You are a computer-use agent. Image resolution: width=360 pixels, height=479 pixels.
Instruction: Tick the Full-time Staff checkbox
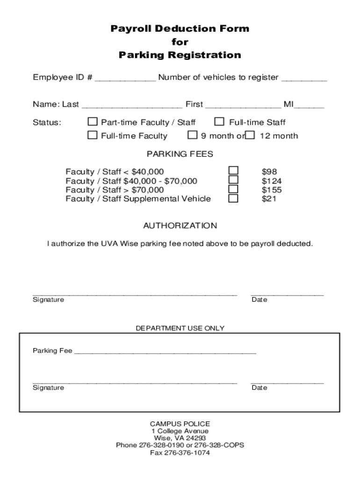pos(219,122)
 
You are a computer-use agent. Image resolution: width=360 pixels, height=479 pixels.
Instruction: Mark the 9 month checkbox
pos(192,136)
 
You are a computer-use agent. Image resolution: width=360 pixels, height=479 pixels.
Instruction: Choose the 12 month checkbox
pos(251,136)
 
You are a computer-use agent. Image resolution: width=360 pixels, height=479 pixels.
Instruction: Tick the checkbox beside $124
pos(233,180)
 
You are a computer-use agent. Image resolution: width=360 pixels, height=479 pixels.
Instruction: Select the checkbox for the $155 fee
pos(233,189)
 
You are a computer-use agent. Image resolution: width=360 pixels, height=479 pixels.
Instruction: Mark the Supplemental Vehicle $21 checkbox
pos(233,198)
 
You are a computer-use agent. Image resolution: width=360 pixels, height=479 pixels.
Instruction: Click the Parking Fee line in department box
pos(165,351)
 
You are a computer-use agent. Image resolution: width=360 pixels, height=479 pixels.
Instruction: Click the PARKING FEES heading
pos(180,154)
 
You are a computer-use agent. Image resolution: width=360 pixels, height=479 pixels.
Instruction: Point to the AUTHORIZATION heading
pos(180,226)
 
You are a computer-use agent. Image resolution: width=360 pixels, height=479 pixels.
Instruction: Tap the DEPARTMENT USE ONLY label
pos(180,328)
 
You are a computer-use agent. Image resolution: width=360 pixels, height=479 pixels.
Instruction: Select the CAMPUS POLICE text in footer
pos(180,424)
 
